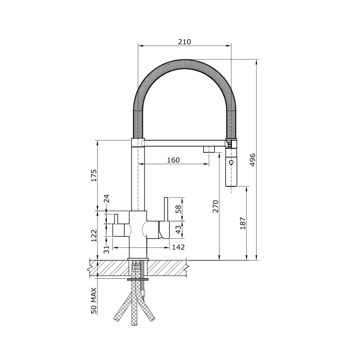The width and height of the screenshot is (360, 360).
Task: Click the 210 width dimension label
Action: point(184,42)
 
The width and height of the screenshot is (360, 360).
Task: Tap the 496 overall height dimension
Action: point(252,159)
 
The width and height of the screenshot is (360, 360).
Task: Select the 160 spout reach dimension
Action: point(173,160)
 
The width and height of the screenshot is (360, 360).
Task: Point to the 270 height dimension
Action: point(215,206)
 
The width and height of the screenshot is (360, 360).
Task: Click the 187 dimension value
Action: point(243,223)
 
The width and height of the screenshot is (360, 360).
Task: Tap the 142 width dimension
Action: point(178,247)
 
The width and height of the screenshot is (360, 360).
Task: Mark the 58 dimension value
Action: point(178,209)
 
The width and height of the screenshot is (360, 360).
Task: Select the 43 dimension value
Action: point(178,229)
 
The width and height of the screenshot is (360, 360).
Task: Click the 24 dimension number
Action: point(107,199)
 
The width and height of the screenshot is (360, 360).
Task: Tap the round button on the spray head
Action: point(231,162)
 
